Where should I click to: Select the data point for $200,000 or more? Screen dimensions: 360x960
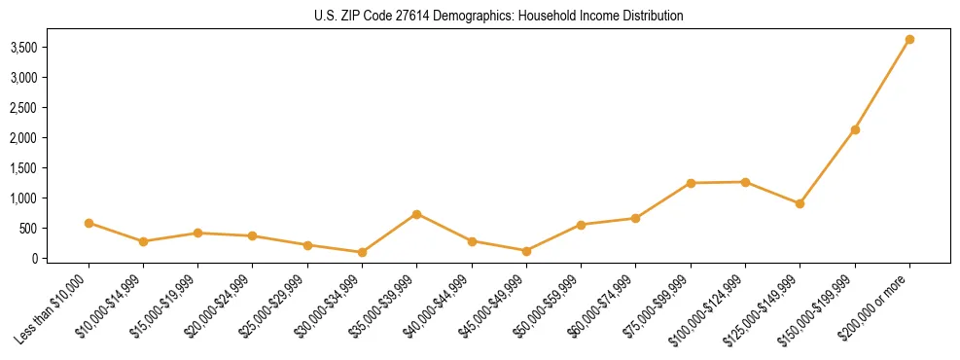click(x=909, y=40)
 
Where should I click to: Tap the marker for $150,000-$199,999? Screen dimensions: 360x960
click(x=855, y=129)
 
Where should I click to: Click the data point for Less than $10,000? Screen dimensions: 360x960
click(x=89, y=223)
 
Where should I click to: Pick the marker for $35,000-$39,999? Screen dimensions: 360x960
click(x=416, y=214)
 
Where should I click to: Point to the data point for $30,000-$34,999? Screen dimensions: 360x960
click(x=362, y=252)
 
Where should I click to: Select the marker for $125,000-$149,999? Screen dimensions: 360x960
click(x=800, y=203)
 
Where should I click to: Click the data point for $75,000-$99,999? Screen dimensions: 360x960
click(x=691, y=183)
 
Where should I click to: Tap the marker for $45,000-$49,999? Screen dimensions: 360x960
click(x=526, y=251)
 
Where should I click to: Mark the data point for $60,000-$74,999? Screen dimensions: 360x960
click(x=635, y=218)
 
